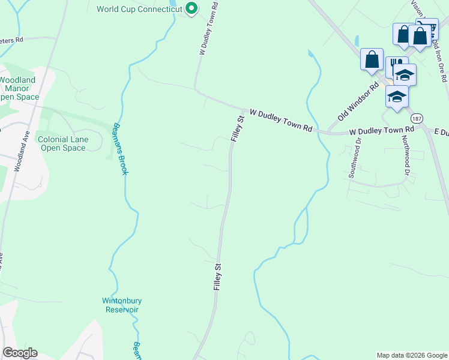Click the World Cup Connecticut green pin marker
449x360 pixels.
click(191, 8)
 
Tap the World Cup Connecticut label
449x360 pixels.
click(139, 9)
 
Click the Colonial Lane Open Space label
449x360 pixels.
click(62, 143)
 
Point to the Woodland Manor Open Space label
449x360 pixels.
click(18, 88)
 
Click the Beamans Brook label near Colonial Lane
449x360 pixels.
click(120, 149)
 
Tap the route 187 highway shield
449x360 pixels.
click(417, 118)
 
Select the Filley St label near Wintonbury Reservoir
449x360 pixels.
click(218, 277)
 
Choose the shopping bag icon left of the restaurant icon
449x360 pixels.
click(372, 59)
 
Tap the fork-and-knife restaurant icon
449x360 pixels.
click(395, 65)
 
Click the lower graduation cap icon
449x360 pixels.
click(397, 97)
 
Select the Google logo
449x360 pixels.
click(20, 353)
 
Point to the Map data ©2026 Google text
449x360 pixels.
click(411, 355)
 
